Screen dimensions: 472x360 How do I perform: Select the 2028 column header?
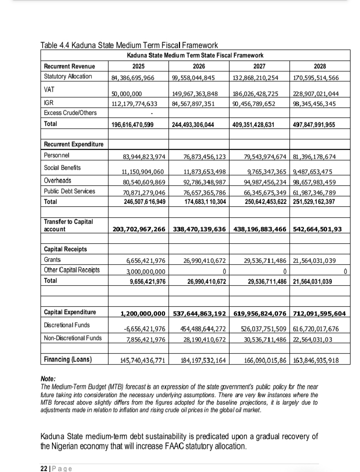coord(319,66)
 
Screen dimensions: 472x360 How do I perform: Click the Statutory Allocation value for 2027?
coord(258,77)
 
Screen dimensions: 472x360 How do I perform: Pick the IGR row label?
coord(49,103)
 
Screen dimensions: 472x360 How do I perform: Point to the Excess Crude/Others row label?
coord(70,113)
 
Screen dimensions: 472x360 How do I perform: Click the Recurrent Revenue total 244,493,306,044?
coord(193,124)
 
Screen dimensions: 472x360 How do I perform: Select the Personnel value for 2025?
coord(144,157)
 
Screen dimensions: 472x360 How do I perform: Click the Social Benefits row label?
coord(62,168)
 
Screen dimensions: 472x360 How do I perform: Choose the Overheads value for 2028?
coord(314,182)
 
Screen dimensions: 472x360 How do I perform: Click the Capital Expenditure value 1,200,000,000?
coord(143,314)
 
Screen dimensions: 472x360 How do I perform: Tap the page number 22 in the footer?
coord(43,468)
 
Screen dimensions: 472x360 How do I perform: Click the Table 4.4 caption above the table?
coord(128,46)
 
